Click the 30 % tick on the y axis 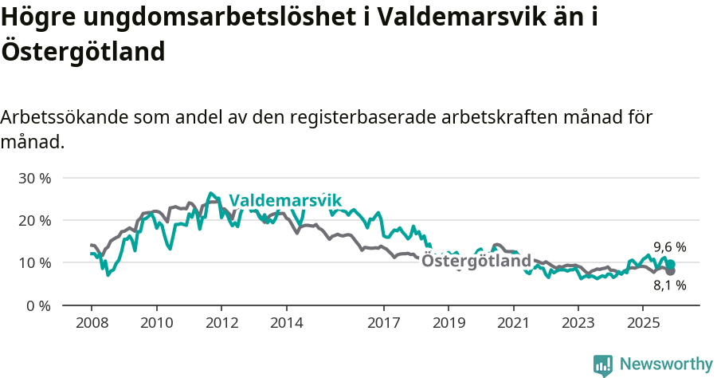pyautogui.click(x=34, y=178)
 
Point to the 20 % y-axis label pyautogui.click(x=34, y=220)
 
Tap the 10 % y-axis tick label pyautogui.click(x=34, y=263)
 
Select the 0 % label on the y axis pyautogui.click(x=38, y=305)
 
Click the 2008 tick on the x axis pyautogui.click(x=92, y=324)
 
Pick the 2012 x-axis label pyautogui.click(x=221, y=324)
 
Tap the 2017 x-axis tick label pyautogui.click(x=384, y=324)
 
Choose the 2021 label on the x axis pyautogui.click(x=513, y=324)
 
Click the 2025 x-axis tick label pyautogui.click(x=643, y=324)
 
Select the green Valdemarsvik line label pyautogui.click(x=284, y=200)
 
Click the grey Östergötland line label pyautogui.click(x=476, y=261)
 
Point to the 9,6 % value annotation pyautogui.click(x=669, y=247)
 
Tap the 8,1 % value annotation pyautogui.click(x=669, y=285)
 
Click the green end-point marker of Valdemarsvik pyautogui.click(x=671, y=264)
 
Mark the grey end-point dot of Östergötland pyautogui.click(x=671, y=271)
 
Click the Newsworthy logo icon pyautogui.click(x=603, y=364)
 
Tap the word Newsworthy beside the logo pyautogui.click(x=666, y=364)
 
